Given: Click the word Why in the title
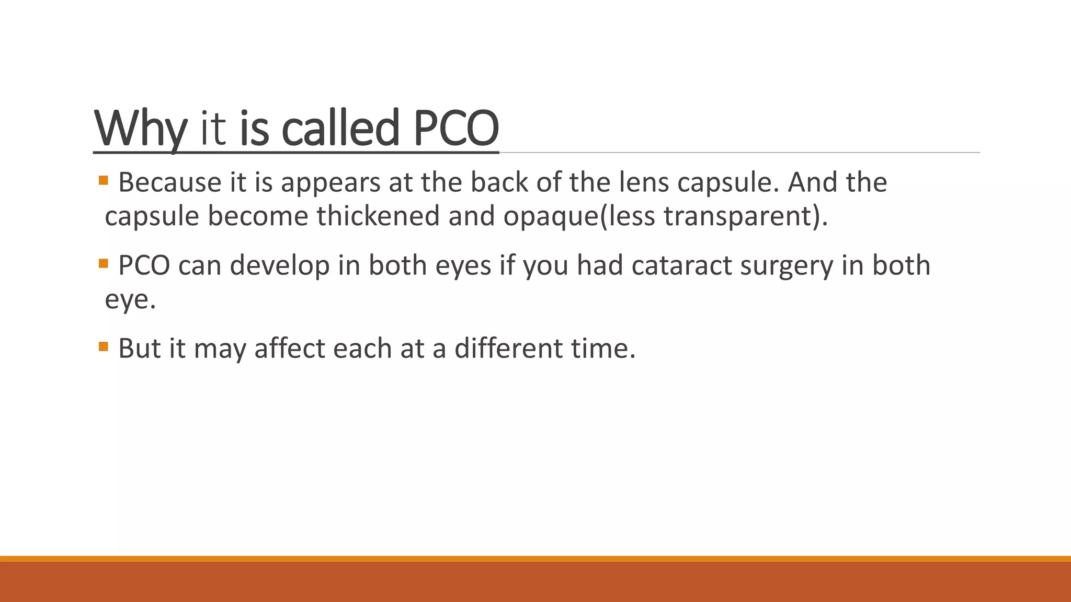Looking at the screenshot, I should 140,128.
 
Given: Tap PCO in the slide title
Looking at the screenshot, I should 456,128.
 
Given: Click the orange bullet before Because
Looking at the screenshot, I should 103,181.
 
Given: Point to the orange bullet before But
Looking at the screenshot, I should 103,346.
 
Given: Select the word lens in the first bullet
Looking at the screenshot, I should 644,183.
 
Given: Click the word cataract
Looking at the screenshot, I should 681,265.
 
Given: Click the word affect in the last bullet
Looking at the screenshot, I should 290,349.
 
